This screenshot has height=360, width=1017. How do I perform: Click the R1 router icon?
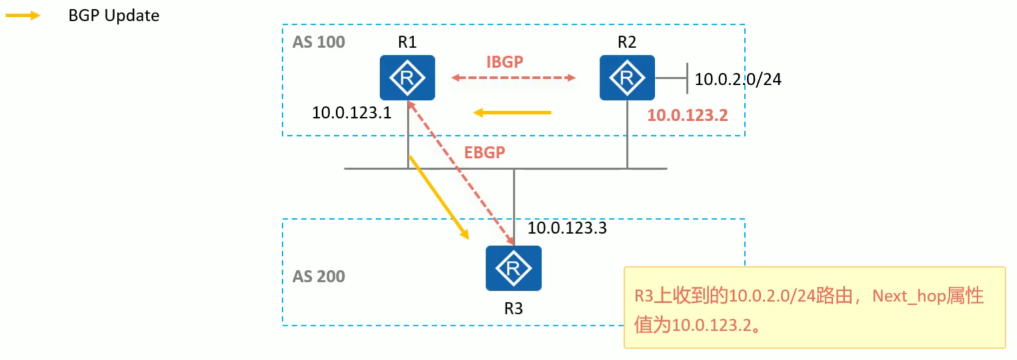(x=407, y=78)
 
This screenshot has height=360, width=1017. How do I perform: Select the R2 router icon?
(x=627, y=78)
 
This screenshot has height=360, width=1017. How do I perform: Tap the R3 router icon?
(x=513, y=268)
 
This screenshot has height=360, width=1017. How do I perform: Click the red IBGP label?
(x=505, y=62)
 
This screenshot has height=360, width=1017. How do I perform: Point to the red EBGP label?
(x=485, y=152)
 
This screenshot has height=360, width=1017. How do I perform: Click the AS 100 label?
(x=319, y=42)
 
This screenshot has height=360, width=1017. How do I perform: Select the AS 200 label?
(x=319, y=276)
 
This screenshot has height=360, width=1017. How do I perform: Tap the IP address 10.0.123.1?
(x=352, y=113)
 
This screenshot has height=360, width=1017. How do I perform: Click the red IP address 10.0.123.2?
(x=687, y=115)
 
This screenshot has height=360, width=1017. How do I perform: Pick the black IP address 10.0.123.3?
(x=567, y=228)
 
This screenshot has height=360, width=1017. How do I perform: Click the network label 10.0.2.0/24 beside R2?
(x=738, y=79)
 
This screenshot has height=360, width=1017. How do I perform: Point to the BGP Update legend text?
(x=114, y=15)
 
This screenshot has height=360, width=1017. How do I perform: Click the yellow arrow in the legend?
(x=22, y=15)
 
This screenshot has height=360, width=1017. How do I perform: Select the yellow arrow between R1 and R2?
(x=512, y=113)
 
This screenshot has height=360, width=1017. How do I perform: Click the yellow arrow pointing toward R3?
(x=439, y=197)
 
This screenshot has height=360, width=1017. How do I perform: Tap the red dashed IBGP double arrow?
(x=513, y=78)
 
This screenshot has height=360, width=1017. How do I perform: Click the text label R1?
(x=407, y=42)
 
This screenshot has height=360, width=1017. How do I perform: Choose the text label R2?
(x=627, y=42)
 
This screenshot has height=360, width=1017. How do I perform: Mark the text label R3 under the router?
(x=513, y=309)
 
